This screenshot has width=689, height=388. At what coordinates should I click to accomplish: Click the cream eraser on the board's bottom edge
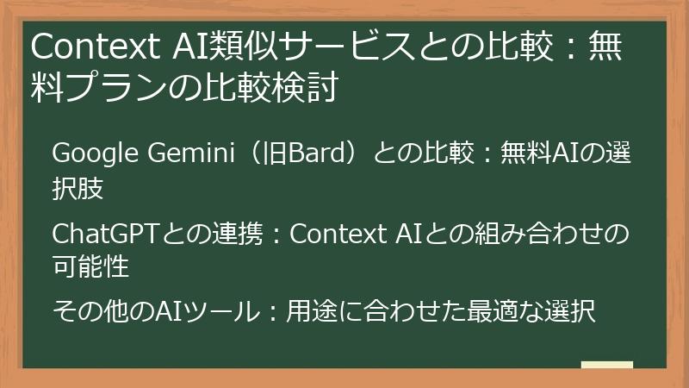[607, 365]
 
